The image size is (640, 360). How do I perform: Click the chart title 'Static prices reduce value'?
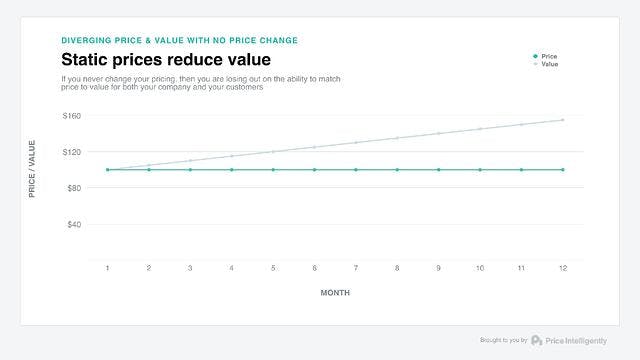pos(166,61)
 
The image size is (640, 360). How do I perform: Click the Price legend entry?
pos(549,56)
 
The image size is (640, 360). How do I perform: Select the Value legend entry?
pos(549,64)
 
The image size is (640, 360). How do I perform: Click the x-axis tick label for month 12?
pos(562,268)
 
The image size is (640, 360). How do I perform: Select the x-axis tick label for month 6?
pos(314,268)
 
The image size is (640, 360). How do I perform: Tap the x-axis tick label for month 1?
pos(108,268)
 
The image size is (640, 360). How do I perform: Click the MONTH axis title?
pos(335,293)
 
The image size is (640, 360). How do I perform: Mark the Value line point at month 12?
pos(562,120)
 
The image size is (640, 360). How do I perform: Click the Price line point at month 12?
pos(562,170)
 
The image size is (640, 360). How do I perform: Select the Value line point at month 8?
pos(397,138)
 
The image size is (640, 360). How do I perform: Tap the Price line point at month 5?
pos(273,170)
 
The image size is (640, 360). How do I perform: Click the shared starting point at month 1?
pos(108,170)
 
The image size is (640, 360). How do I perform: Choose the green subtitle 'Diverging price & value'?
pos(179,40)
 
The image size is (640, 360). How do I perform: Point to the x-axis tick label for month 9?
pos(438,268)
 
